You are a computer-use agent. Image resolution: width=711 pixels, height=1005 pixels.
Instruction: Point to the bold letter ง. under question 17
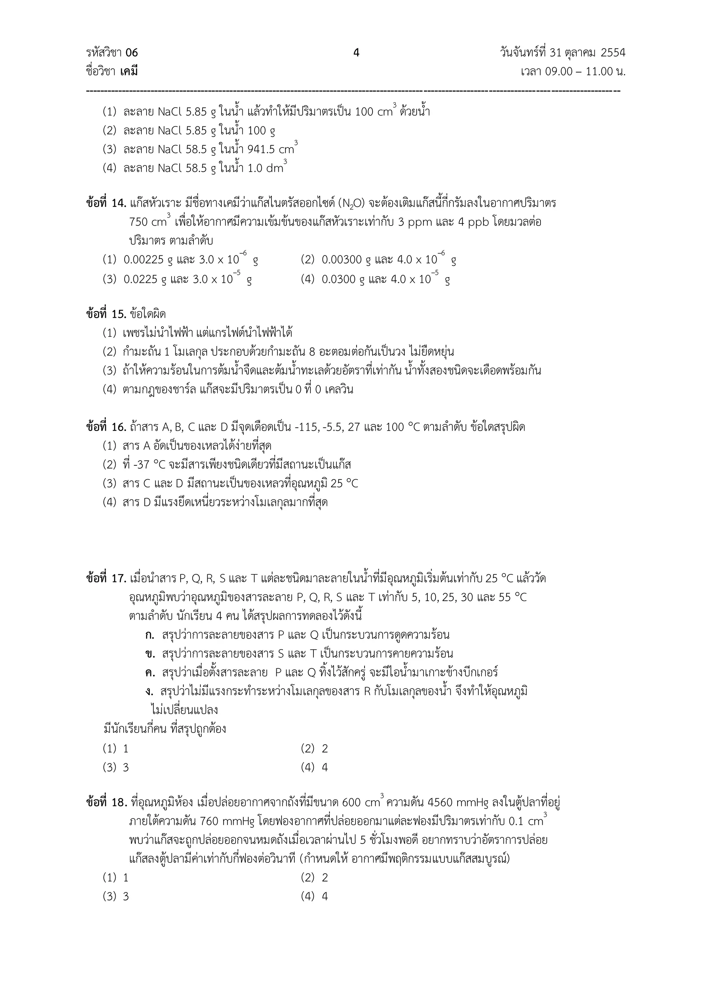[x=149, y=692]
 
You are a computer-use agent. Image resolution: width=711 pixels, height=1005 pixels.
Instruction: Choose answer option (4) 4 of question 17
[x=314, y=767]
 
